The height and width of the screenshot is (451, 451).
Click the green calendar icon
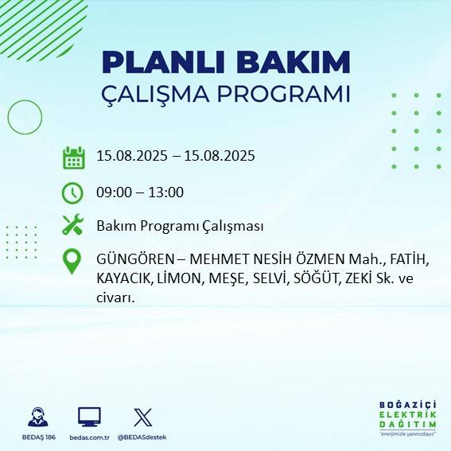(73, 157)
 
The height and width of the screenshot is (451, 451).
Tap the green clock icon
(72, 192)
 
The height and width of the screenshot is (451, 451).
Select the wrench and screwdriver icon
(72, 226)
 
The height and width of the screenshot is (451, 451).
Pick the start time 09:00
(113, 192)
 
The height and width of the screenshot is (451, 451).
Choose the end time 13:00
(166, 192)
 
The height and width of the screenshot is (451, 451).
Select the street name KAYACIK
(122, 280)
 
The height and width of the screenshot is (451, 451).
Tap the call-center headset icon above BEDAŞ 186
(37, 417)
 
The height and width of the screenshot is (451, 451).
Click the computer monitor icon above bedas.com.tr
(88, 417)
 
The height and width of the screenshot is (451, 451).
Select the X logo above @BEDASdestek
(142, 417)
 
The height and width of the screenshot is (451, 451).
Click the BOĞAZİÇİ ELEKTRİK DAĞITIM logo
(407, 417)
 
